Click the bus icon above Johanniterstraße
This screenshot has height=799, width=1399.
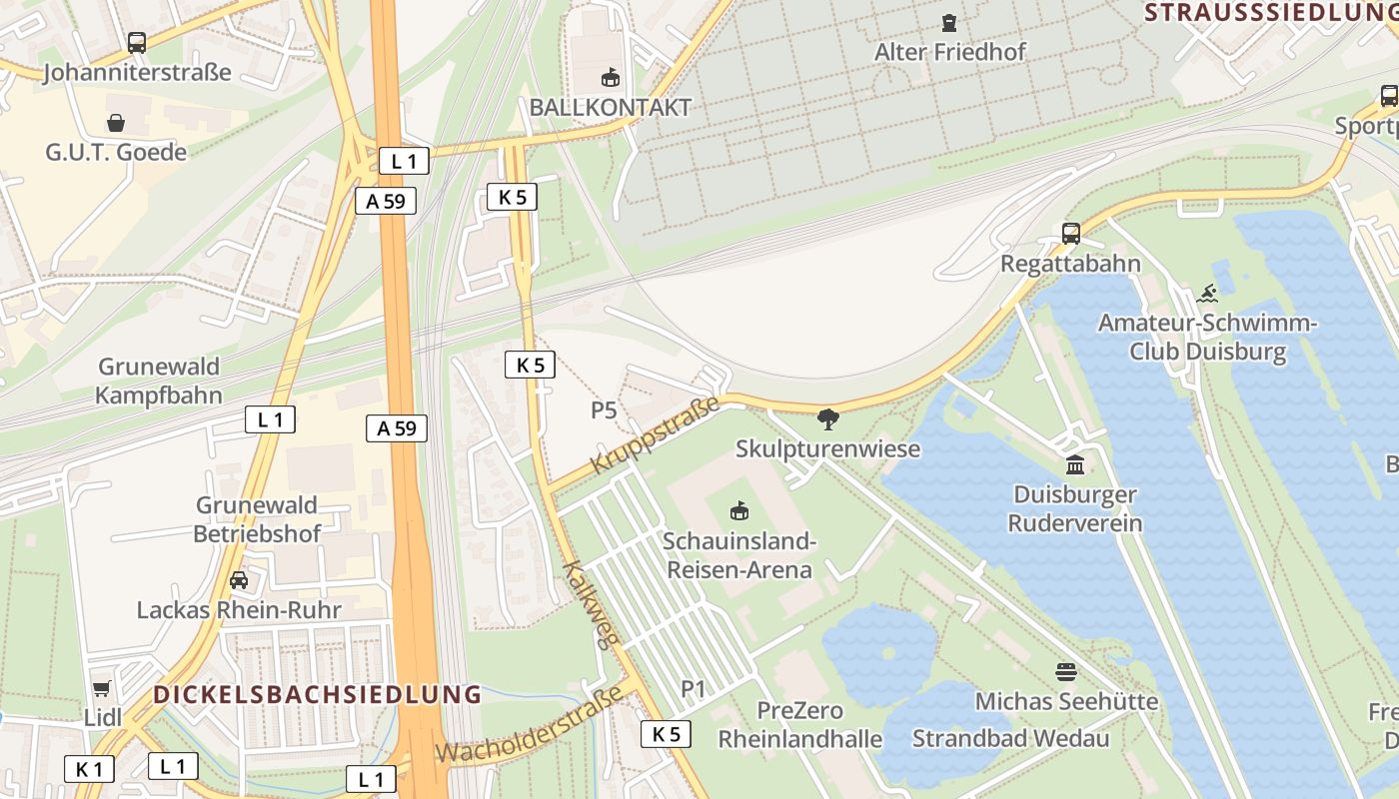pos(137,43)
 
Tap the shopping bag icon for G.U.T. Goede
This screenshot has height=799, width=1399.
pos(116,123)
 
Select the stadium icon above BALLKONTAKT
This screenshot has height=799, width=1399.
pos(610,77)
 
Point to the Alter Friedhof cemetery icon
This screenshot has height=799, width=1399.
pos(948,22)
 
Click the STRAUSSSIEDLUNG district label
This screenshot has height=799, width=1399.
pos(1270,12)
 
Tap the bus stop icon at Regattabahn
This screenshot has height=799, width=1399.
pos(1071,234)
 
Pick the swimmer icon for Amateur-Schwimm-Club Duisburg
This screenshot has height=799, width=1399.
pos(1207,294)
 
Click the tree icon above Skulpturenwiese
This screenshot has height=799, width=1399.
pos(827,419)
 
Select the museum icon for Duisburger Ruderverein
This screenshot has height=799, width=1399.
pos(1075,464)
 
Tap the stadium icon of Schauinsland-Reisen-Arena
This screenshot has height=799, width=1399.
pos(739,511)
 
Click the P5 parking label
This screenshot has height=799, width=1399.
pos(604,409)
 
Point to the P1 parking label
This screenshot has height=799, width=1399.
pos(694,688)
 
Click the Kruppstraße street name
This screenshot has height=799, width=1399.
pos(656,435)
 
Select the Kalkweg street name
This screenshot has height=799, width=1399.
pos(587,605)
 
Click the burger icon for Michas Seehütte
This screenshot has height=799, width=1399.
pos(1066,671)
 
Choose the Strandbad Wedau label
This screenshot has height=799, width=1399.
pos(1010,739)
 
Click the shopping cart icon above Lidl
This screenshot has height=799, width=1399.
pos(101,688)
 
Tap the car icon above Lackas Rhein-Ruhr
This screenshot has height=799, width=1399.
pos(239,580)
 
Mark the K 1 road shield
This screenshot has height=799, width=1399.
pos(89,769)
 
